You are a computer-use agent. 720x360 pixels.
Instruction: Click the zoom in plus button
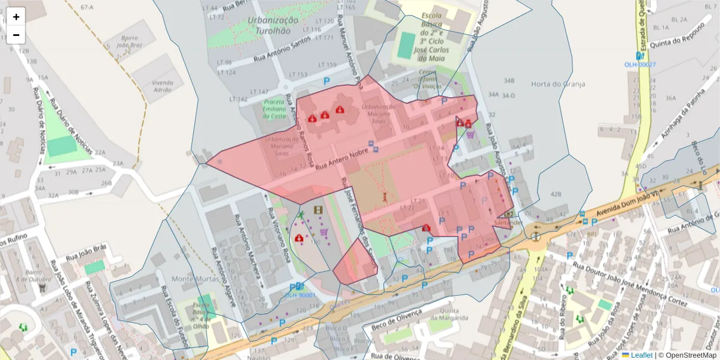tap(16, 17)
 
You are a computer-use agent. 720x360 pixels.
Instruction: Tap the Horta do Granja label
tap(557, 84)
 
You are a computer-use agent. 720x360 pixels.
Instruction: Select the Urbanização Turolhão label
tap(272, 25)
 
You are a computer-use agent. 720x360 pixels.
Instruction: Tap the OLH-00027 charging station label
tap(640, 65)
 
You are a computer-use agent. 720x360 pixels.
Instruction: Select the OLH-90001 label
tap(299, 295)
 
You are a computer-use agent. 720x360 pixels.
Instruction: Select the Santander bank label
tap(505, 222)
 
